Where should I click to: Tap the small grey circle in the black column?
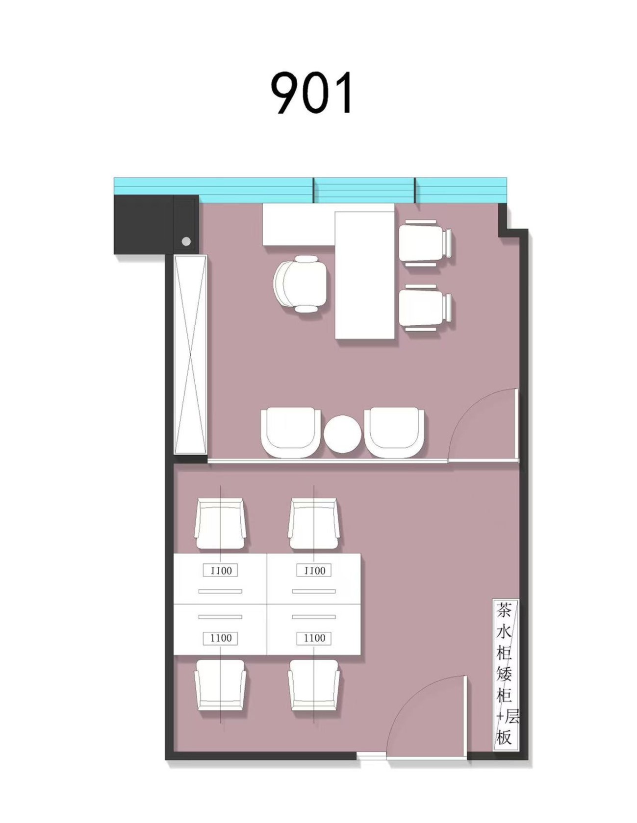[186, 241]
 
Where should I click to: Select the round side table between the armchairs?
[343, 434]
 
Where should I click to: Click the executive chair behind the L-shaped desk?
[301, 284]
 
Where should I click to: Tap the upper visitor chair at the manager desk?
[425, 243]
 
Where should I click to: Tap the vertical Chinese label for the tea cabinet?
[505, 673]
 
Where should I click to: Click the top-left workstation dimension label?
[221, 571]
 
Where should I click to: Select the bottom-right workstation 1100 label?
[314, 638]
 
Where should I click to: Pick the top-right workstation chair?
[314, 524]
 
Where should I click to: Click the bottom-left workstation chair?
[220, 685]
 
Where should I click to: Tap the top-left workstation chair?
[220, 524]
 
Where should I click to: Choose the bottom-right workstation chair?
[314, 685]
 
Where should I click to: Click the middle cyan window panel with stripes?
[364, 190]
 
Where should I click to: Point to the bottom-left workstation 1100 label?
[221, 638]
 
